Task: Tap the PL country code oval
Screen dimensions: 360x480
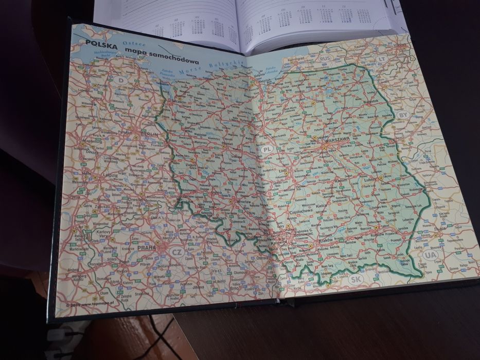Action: pyautogui.click(x=266, y=150)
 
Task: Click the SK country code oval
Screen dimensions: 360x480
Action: pyautogui.click(x=354, y=280)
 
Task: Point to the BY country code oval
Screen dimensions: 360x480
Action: pyautogui.click(x=402, y=114)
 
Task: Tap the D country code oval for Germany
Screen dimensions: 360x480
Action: pyautogui.click(x=121, y=80)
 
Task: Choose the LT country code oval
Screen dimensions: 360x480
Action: pyautogui.click(x=382, y=59)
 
